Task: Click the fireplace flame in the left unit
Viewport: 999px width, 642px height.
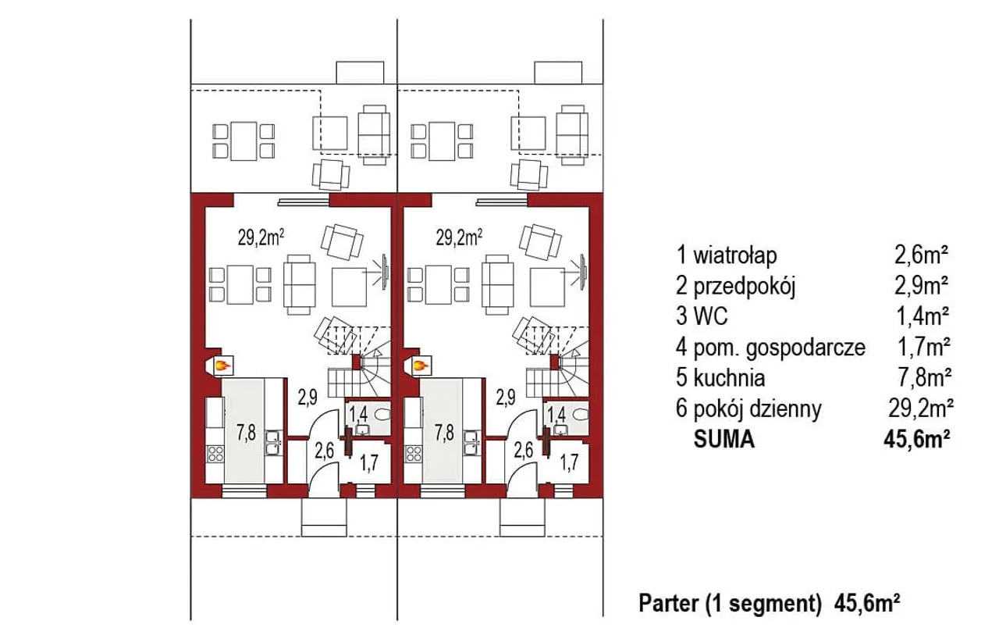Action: [222, 366]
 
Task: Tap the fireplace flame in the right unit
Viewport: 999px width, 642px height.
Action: [421, 366]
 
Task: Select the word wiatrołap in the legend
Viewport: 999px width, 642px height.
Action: [735, 256]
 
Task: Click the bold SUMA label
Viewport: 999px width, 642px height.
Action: [723, 439]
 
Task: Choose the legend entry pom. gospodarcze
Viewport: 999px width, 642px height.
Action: [779, 348]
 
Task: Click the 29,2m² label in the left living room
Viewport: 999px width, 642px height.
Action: [261, 237]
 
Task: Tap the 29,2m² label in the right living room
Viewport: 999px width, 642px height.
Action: [460, 237]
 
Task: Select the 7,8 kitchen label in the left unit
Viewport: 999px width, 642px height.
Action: [246, 433]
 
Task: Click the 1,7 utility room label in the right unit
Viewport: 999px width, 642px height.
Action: [569, 463]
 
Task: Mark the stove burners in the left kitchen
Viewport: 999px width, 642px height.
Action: [215, 454]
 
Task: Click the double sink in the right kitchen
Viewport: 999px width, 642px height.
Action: [471, 442]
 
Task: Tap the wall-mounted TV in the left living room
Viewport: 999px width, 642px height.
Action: [385, 272]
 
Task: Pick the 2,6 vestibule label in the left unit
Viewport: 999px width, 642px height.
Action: [324, 451]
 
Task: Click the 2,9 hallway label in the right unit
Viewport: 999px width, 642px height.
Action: [506, 397]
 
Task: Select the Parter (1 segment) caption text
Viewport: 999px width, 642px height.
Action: [730, 604]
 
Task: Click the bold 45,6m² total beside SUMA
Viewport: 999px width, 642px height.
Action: [917, 439]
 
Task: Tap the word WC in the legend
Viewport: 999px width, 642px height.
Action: [711, 317]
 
